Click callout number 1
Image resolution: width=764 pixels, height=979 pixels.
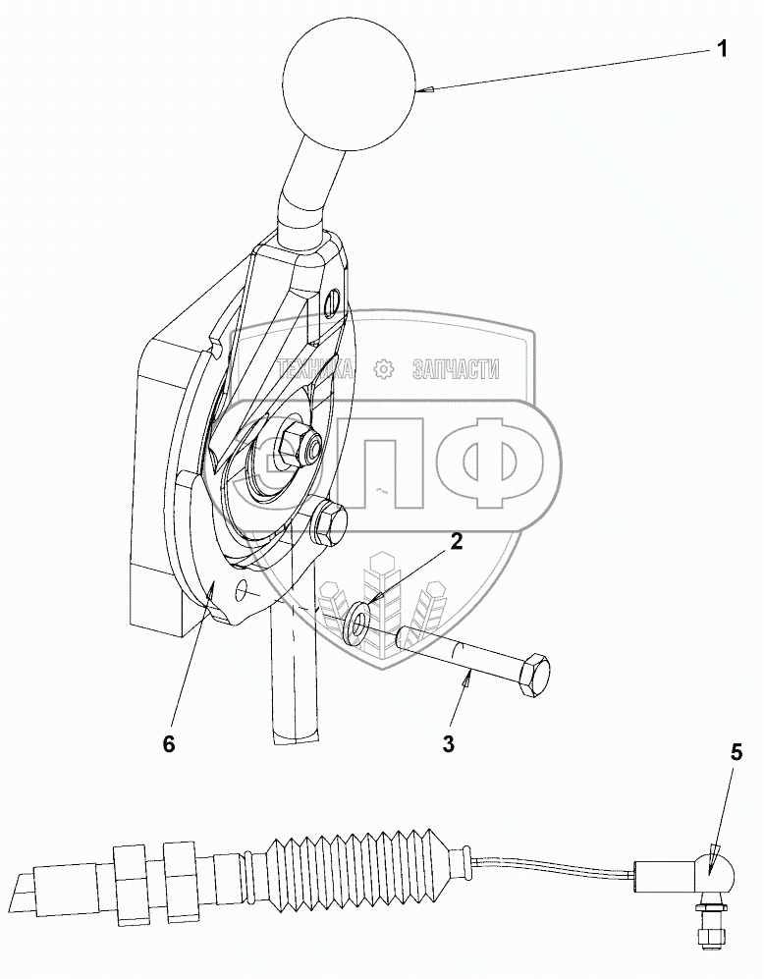(722, 49)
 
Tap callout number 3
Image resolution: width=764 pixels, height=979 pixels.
(448, 742)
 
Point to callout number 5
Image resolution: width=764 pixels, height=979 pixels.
(737, 754)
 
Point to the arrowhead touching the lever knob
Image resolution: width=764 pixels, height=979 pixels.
(424, 90)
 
